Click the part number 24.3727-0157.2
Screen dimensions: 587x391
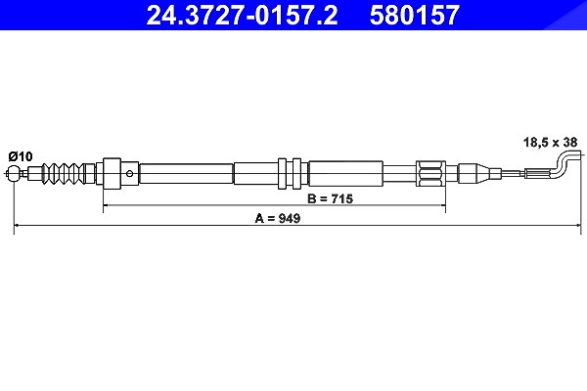coord(242,15)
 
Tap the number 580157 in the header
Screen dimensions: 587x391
coord(415,15)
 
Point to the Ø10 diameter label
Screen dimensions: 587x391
coord(21,156)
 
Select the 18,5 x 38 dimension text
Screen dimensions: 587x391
coord(550,142)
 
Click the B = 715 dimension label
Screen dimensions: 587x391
coord(330,198)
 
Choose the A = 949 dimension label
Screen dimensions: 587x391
coord(278,218)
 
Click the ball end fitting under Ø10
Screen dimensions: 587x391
coord(14,173)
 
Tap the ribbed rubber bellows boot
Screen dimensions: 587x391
coord(62,173)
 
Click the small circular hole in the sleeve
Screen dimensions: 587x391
coord(129,173)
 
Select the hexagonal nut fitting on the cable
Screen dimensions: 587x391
coord(430,173)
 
